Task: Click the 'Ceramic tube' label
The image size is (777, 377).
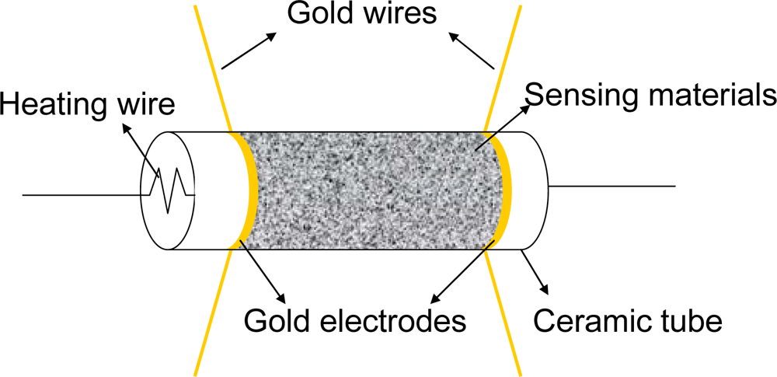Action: (x=628, y=319)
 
